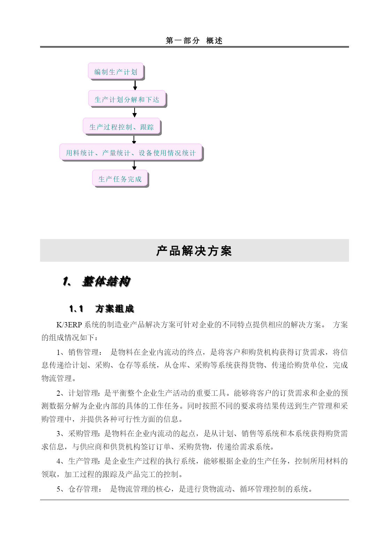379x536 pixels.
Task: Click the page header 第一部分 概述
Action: point(194,41)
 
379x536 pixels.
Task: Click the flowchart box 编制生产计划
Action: point(116,72)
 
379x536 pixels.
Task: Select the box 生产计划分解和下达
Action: point(127,99)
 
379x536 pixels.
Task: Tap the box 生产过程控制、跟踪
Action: point(121,127)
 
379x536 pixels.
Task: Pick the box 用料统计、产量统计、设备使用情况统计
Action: point(131,153)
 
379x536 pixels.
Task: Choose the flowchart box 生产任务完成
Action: point(120,179)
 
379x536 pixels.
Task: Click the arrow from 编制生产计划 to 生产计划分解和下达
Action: point(135,85)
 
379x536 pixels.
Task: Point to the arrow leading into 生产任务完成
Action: point(134,165)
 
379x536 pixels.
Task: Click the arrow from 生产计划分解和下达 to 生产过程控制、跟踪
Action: point(135,112)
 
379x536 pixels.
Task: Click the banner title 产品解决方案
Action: point(194,251)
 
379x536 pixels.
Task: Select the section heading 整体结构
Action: point(106,281)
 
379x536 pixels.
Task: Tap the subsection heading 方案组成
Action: point(115,309)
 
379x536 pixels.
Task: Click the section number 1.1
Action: point(76,309)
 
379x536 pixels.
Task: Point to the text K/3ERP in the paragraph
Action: point(69,325)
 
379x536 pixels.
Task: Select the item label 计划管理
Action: point(83,393)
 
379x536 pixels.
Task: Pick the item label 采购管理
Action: point(83,434)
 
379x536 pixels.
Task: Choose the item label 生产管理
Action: point(83,461)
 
